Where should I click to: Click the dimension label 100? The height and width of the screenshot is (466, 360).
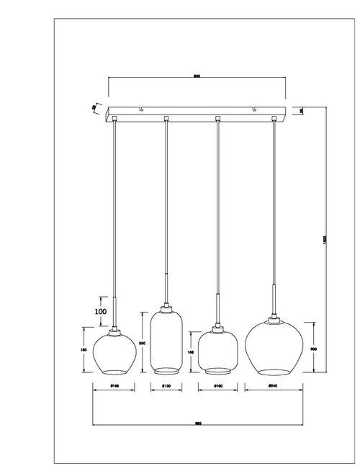[x=101, y=311]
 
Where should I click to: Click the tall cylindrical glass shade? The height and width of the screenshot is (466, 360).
[x=166, y=342]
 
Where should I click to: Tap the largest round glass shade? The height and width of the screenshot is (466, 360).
[x=272, y=350]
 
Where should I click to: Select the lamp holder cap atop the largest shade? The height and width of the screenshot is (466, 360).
[x=273, y=319]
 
